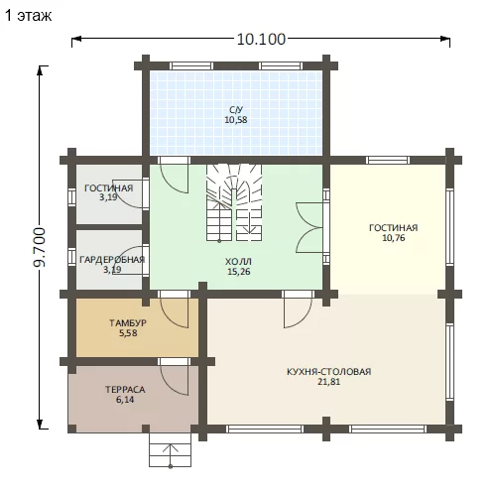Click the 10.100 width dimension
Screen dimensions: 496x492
coord(261,39)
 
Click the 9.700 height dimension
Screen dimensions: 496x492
coord(40,247)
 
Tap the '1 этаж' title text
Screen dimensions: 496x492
coord(29,16)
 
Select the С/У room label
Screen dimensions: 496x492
coord(236,110)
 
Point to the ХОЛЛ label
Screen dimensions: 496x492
coord(238,262)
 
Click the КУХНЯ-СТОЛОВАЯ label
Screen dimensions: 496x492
coord(328,372)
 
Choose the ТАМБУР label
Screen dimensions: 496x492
coord(128,322)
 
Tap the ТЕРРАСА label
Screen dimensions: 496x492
coord(125,390)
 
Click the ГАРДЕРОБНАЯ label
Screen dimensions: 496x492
coord(112,260)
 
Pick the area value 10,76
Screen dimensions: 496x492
coord(394,238)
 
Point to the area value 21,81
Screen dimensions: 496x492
coord(328,382)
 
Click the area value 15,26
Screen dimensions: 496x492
coord(238,272)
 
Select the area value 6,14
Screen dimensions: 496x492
coord(125,400)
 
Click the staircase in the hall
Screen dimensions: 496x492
coord(234,202)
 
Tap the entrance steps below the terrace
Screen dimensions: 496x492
coord(170,450)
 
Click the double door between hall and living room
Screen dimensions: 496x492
coord(310,228)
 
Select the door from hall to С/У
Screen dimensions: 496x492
coord(174,176)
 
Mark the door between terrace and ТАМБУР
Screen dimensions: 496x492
coord(174,377)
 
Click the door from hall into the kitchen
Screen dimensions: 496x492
coord(298,309)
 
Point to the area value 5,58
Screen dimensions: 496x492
coord(128,333)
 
